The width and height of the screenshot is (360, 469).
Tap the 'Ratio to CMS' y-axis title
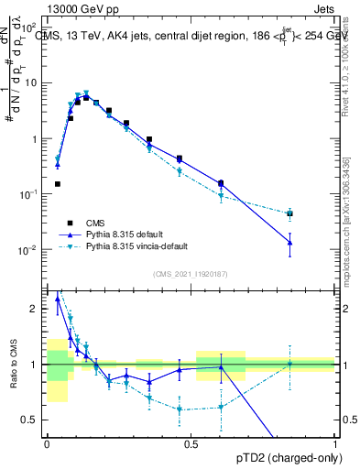coord(14,366)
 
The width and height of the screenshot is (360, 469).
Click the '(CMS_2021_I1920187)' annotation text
coord(190,273)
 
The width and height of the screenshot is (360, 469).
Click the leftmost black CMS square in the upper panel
coord(57,184)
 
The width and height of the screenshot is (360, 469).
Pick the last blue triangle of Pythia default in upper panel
coord(289,242)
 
